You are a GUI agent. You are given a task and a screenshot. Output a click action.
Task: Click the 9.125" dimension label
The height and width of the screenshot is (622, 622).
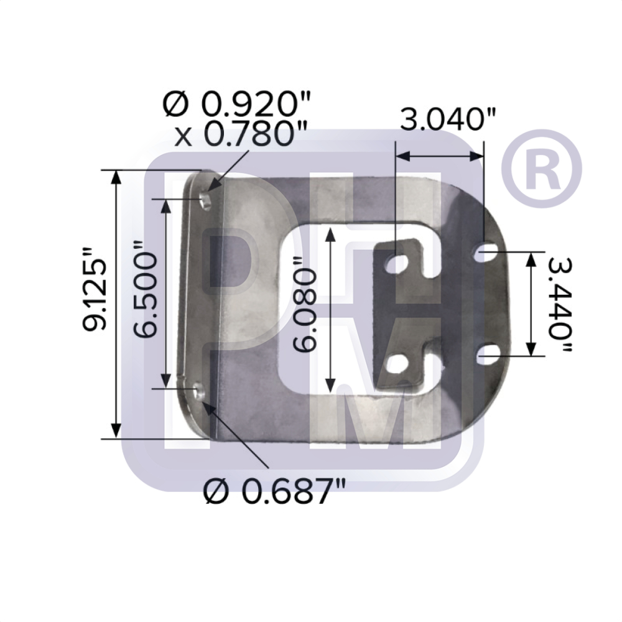pos(95,289)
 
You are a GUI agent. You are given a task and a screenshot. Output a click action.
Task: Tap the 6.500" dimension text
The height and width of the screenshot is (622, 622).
pos(145,289)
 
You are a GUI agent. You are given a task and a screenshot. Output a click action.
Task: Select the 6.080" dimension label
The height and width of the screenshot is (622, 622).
pos(305,304)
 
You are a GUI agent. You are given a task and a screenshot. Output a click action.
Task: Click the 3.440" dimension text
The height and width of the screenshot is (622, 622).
pos(560,304)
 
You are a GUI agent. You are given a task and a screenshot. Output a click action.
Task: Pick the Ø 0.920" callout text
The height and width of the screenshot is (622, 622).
pos(236,104)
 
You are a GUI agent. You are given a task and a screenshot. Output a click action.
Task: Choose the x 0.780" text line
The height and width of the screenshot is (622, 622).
pos(241,134)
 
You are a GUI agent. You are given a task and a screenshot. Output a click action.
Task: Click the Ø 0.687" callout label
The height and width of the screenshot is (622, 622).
pos(274,491)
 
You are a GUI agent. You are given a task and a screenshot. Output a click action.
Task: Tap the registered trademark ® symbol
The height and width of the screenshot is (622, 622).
pos(542,169)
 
